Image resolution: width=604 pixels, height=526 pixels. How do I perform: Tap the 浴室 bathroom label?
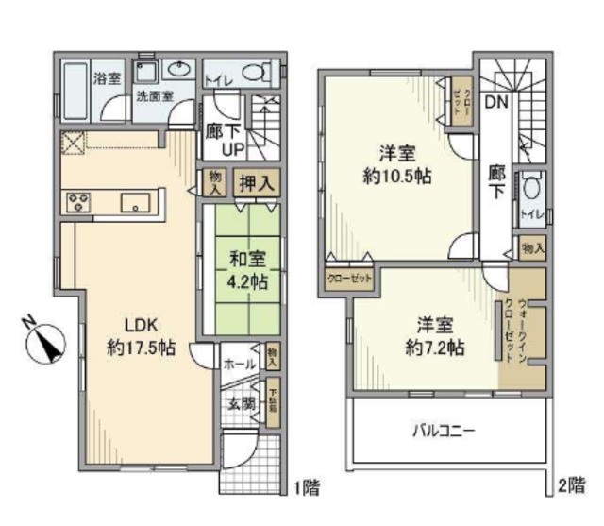(x=106, y=78)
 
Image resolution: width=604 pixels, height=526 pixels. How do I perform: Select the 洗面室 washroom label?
(x=154, y=96)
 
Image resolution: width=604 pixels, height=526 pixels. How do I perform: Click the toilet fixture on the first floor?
(x=252, y=72)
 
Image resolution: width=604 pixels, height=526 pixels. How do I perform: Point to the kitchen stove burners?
(x=77, y=200)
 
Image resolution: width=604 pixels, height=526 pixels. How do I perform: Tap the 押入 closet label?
(x=254, y=183)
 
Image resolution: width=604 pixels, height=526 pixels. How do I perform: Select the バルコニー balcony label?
(x=443, y=431)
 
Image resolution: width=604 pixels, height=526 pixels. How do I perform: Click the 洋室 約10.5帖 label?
(x=395, y=163)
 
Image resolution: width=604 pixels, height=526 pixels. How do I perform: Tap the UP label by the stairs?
(x=234, y=150)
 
